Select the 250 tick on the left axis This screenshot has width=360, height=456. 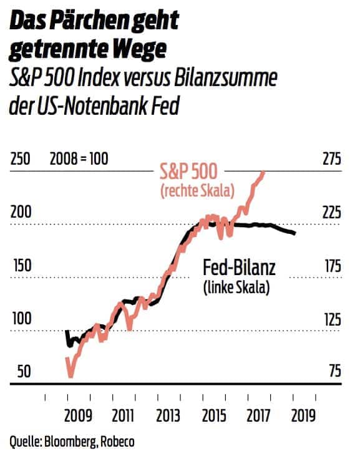coord(21,158)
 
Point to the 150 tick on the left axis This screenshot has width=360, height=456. coord(21,265)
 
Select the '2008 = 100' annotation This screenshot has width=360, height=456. coord(79,158)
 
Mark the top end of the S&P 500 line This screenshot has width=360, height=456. coord(264,172)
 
